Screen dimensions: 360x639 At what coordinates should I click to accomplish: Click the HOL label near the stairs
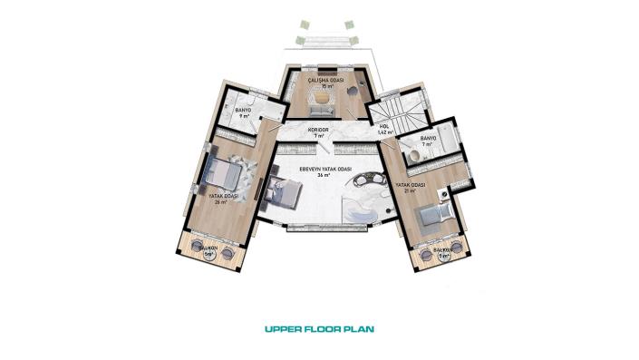[x=384, y=129]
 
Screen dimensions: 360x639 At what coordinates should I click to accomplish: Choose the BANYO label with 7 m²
[x=428, y=141]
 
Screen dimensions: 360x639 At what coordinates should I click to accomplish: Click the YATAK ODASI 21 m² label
[x=411, y=187]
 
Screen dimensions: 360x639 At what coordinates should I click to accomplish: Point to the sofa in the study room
[x=322, y=111]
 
